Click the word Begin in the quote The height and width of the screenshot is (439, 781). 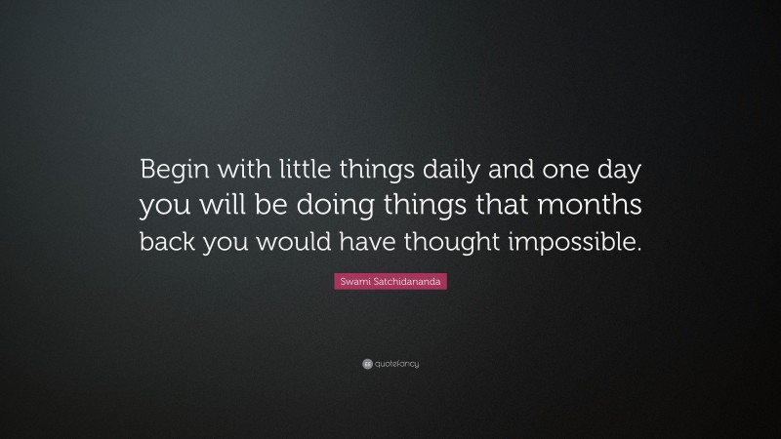coord(172,168)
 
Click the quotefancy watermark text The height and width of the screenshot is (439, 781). coord(396,363)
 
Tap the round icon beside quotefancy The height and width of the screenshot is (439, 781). coord(366,363)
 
